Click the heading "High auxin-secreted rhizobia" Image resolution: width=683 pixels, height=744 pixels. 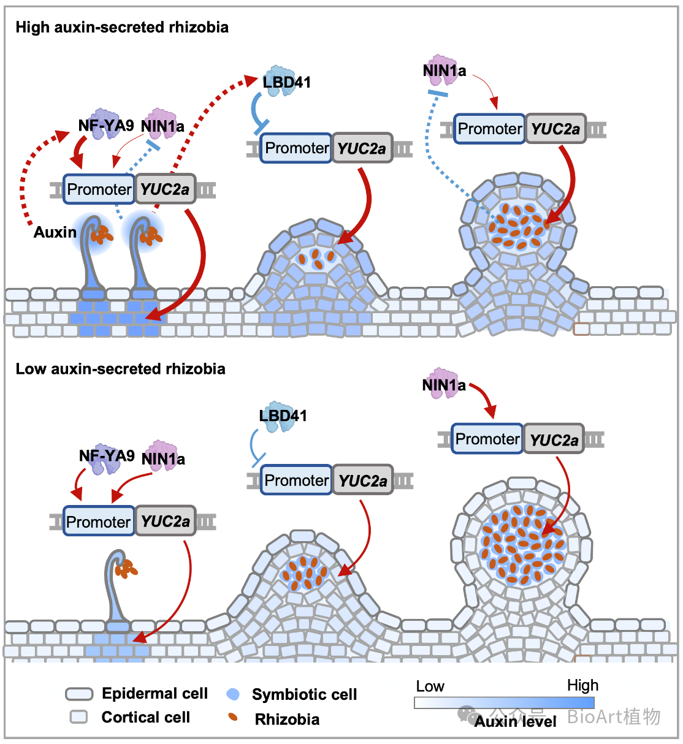[x=122, y=27]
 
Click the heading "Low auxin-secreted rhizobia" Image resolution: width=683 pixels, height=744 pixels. [x=120, y=369]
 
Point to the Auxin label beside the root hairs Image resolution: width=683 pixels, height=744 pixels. [x=55, y=232]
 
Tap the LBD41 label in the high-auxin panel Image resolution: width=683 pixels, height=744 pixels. [x=287, y=82]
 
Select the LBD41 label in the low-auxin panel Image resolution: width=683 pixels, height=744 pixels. [x=283, y=416]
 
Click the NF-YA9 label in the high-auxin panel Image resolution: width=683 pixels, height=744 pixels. [x=106, y=126]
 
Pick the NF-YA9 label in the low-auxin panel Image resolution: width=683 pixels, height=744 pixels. [x=107, y=456]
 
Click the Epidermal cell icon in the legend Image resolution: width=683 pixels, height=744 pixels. [x=79, y=694]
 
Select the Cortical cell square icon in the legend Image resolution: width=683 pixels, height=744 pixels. [x=78, y=716]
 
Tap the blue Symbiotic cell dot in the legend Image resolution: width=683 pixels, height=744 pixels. [x=233, y=694]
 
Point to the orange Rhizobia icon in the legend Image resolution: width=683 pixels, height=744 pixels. [x=232, y=716]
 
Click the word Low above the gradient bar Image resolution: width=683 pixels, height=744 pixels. [x=430, y=686]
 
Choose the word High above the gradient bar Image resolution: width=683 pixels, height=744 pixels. [x=582, y=685]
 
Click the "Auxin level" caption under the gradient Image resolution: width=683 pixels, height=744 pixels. [x=515, y=721]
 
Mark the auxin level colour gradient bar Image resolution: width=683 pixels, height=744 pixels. [x=504, y=703]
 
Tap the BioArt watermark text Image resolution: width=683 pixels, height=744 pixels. [x=613, y=716]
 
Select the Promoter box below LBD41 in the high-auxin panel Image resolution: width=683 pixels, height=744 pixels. [x=296, y=148]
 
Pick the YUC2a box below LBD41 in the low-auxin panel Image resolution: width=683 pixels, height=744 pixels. [x=362, y=480]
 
